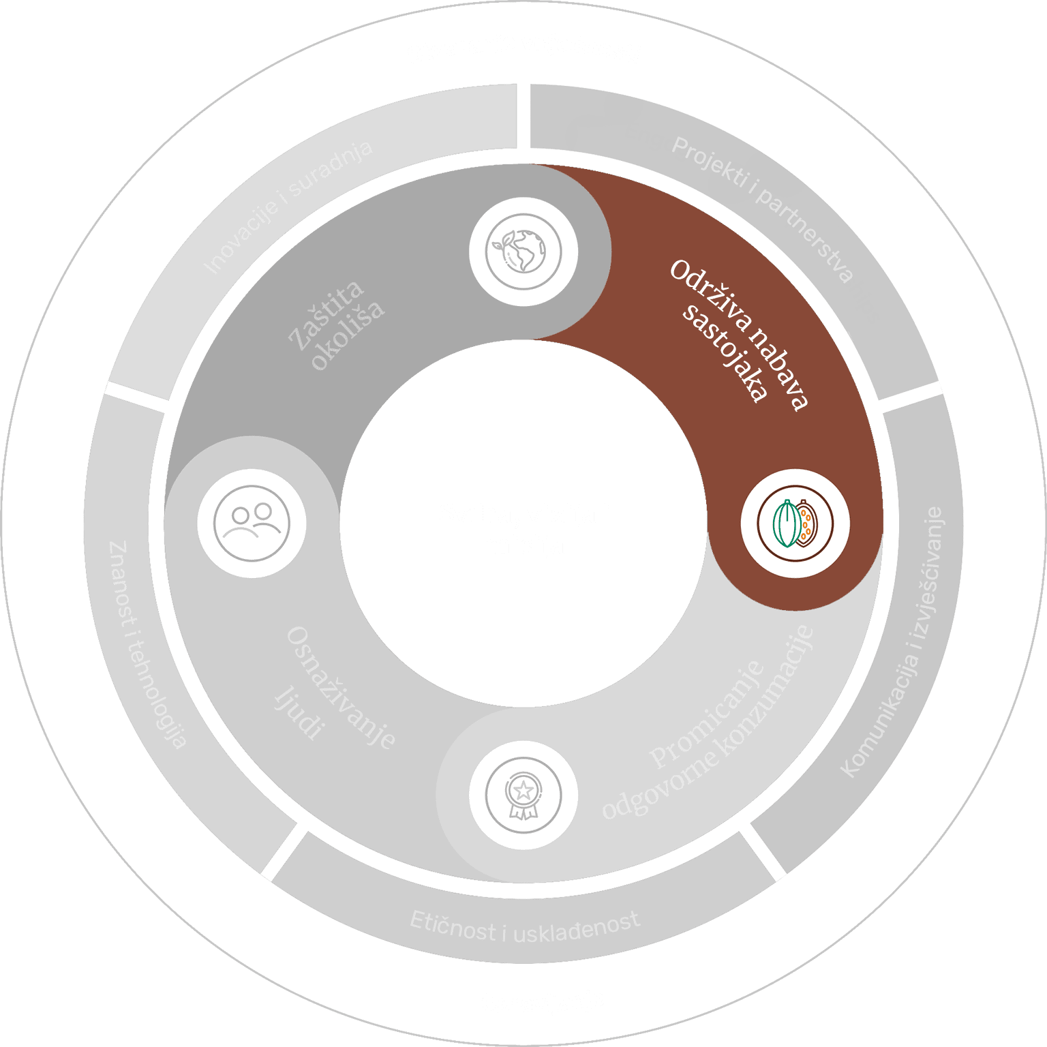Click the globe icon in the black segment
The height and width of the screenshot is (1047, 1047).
pos(523,252)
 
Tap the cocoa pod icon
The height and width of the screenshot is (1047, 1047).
pos(795,523)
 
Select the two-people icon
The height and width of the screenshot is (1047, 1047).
pos(252,523)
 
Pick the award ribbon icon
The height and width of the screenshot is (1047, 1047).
pos(523,795)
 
